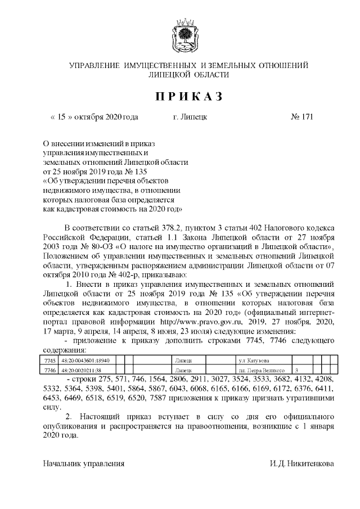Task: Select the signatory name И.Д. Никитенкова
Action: (x=301, y=463)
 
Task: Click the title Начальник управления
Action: (x=84, y=463)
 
